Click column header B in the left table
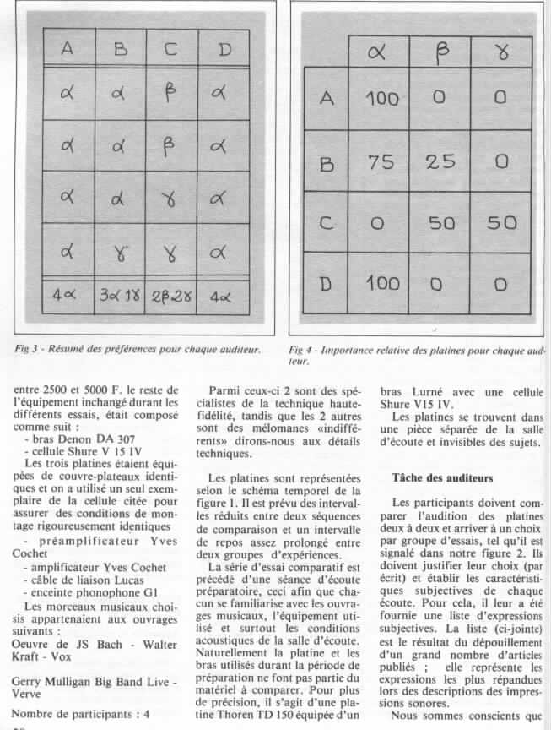tap(121, 50)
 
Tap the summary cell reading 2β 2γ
tap(171, 297)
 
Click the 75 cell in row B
tap(381, 161)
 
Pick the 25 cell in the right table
tap(440, 161)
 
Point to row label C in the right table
tap(327, 223)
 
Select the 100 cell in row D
tap(381, 283)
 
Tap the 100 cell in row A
tap(381, 99)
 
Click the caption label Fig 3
tap(28, 347)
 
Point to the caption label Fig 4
tap(302, 349)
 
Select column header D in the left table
tap(224, 50)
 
